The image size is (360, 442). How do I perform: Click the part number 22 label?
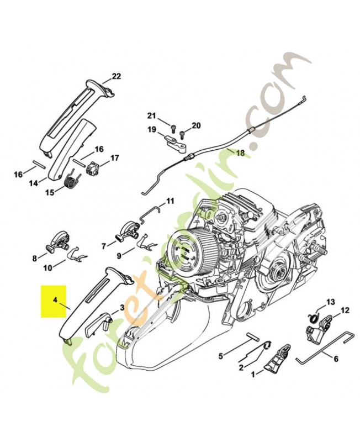pyautogui.click(x=117, y=76)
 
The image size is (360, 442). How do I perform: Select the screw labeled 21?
pyautogui.click(x=173, y=129)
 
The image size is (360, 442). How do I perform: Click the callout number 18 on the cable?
pyautogui.click(x=241, y=153)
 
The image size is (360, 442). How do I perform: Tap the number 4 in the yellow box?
pyautogui.click(x=55, y=300)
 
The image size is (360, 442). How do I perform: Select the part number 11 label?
pyautogui.click(x=170, y=201)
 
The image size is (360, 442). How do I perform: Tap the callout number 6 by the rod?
pyautogui.click(x=336, y=359)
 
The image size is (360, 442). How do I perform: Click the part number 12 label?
pyautogui.click(x=345, y=311)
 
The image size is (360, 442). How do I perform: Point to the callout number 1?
pyautogui.click(x=253, y=375)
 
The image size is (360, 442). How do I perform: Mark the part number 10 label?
pyautogui.click(x=47, y=267)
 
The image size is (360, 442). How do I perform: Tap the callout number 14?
pyautogui.click(x=34, y=183)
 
